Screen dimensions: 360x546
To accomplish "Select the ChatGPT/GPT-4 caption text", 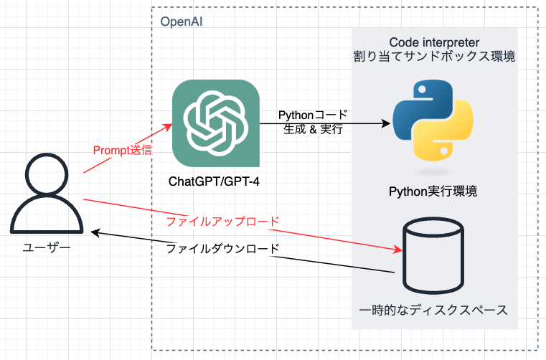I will [x=214, y=181].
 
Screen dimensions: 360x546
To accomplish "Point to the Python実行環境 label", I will [x=433, y=191].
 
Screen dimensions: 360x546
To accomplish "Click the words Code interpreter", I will [x=433, y=42].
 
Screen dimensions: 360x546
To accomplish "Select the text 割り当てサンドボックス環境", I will [x=433, y=57].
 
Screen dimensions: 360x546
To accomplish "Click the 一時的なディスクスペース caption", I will [x=433, y=311].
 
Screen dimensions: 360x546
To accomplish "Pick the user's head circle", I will [x=44, y=179].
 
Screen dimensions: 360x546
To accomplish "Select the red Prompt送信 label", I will [x=123, y=151].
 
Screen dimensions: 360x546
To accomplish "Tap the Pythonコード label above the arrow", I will [x=312, y=115].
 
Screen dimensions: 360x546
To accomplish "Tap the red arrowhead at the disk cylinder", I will [x=399, y=250].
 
